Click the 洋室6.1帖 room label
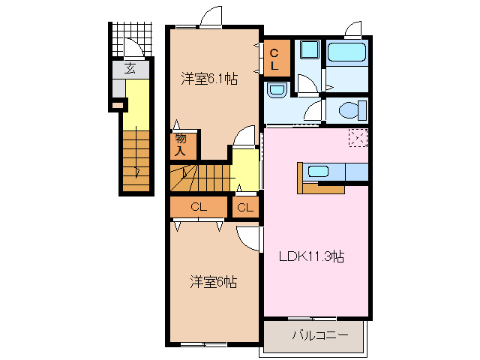[x=209, y=78]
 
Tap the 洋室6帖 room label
[x=213, y=282]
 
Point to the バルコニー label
[x=319, y=334]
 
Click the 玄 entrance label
[x=130, y=68]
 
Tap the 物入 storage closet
[x=181, y=144]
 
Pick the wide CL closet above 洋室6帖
[x=198, y=207]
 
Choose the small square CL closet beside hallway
[x=245, y=207]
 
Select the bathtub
[x=347, y=53]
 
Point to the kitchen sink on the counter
[x=318, y=171]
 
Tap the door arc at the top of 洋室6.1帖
[x=211, y=16]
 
